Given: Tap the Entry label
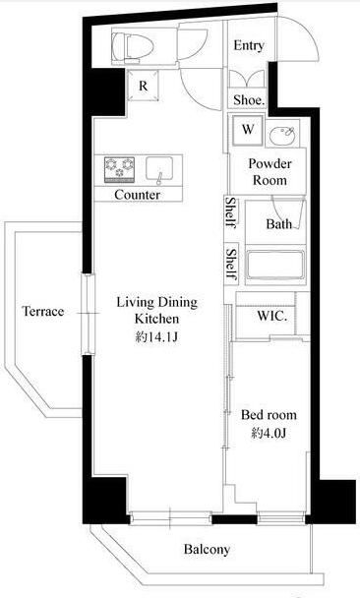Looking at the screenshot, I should click(x=249, y=46).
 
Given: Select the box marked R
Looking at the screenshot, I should click(x=144, y=86).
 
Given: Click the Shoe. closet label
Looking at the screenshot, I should click(x=247, y=99).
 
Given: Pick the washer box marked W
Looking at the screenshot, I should click(x=248, y=129).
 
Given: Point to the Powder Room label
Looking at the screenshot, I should click(x=268, y=172).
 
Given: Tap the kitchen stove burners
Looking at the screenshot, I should click(x=119, y=169).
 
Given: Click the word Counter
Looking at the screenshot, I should click(x=138, y=195).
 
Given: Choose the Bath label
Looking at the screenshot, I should click(x=279, y=224).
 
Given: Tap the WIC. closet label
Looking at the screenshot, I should click(x=272, y=317).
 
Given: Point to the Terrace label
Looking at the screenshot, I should click(x=43, y=312).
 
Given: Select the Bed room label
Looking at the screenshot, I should click(x=269, y=415).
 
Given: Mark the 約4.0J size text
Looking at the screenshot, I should click(x=269, y=432).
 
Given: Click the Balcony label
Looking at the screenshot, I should click(x=207, y=550).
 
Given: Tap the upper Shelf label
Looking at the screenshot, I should click(x=229, y=212).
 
